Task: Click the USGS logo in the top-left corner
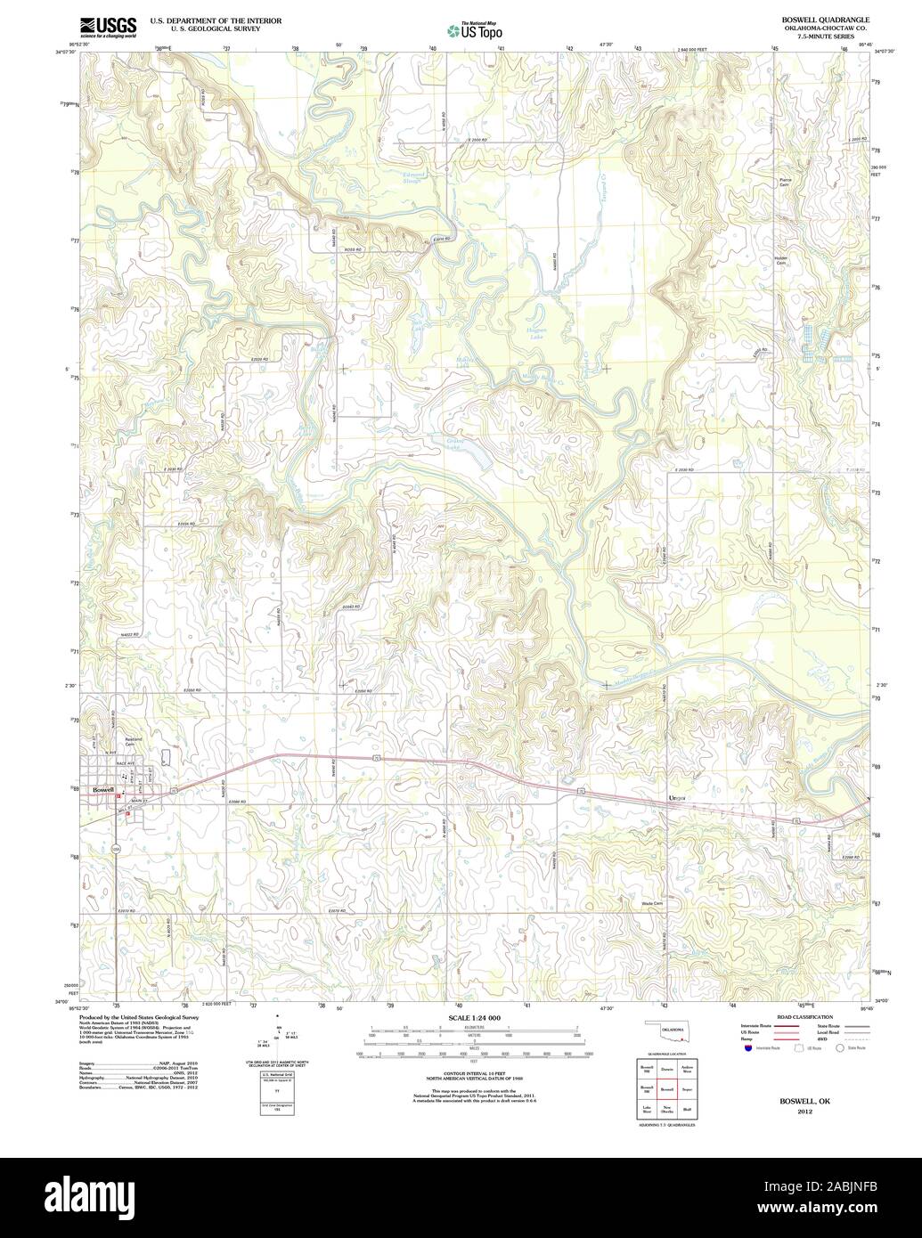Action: tap(108, 26)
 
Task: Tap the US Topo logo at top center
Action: tap(475, 30)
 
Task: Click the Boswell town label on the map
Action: tap(102, 789)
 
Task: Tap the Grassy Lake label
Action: tap(455, 442)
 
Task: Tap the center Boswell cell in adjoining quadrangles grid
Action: tap(666, 1088)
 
